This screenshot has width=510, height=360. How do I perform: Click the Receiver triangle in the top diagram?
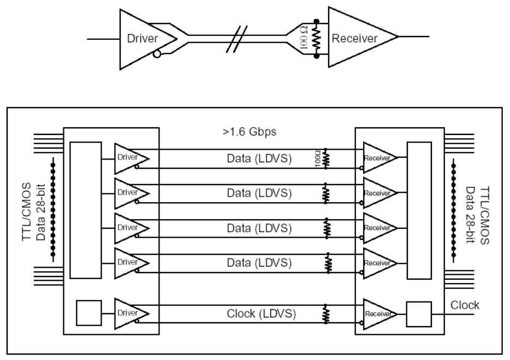[358, 38]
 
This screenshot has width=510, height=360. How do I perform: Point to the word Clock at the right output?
[466, 305]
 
